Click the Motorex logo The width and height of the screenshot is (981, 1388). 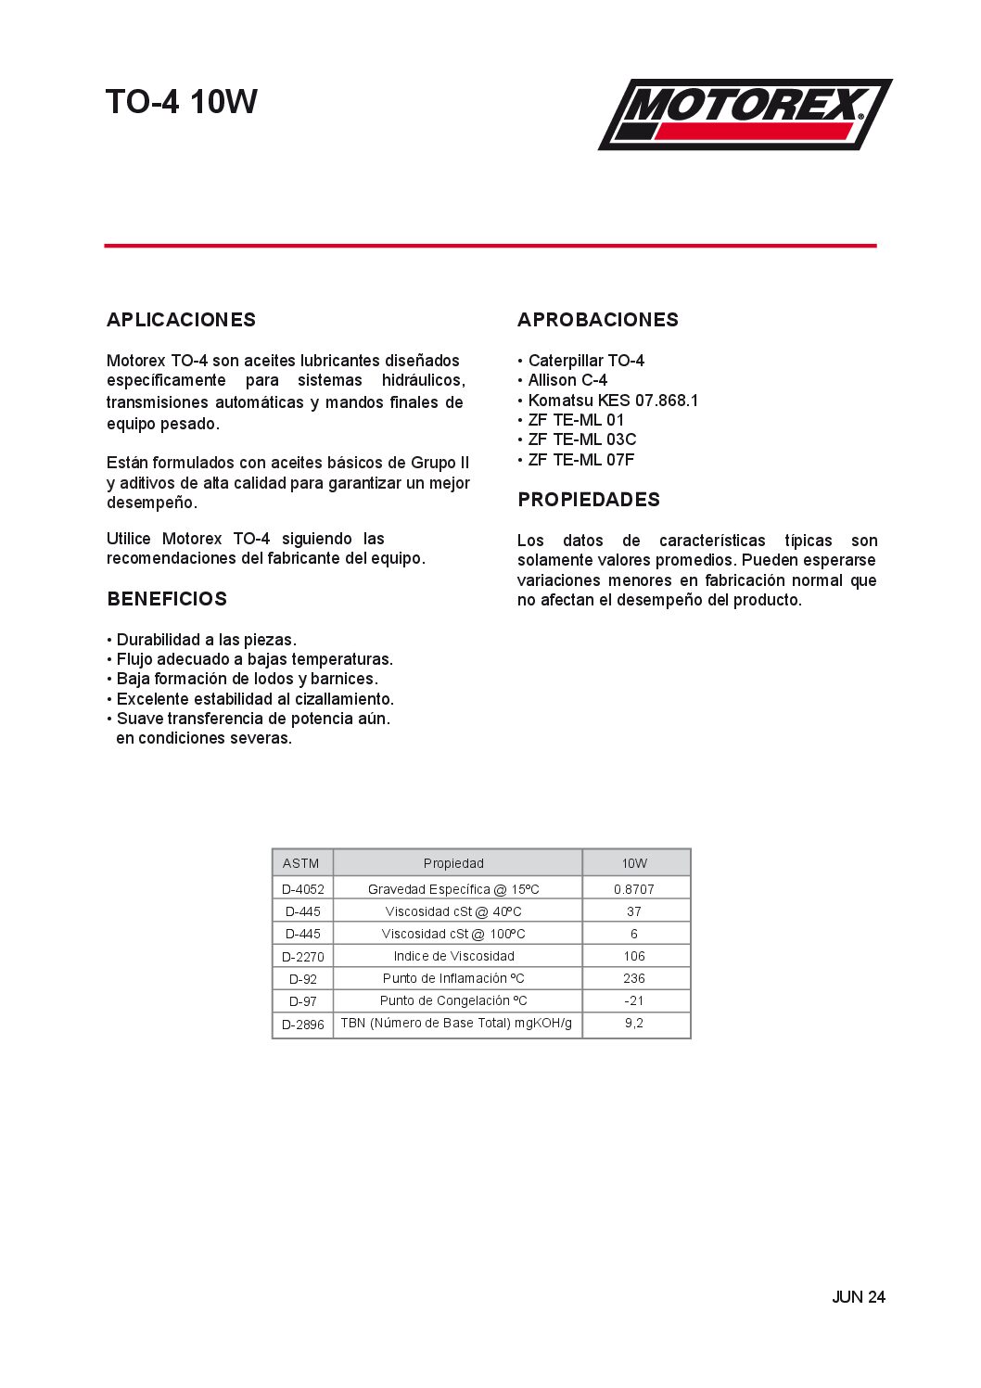[745, 114]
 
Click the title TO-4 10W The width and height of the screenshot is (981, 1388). [182, 102]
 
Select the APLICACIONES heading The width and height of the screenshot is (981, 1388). [181, 320]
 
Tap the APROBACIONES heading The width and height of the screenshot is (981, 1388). [598, 320]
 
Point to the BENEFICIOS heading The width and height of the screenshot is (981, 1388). [167, 599]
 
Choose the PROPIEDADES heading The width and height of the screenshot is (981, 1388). [589, 500]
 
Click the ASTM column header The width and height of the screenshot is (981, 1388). [301, 863]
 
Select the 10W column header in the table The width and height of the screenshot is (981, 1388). [634, 863]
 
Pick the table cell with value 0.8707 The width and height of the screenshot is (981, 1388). [634, 889]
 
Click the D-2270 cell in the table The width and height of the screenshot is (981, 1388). [303, 957]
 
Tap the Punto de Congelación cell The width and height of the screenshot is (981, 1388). [453, 1000]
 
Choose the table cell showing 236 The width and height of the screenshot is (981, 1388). [634, 978]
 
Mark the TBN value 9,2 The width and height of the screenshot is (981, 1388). [634, 1023]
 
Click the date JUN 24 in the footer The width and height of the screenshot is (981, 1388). [858, 1297]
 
